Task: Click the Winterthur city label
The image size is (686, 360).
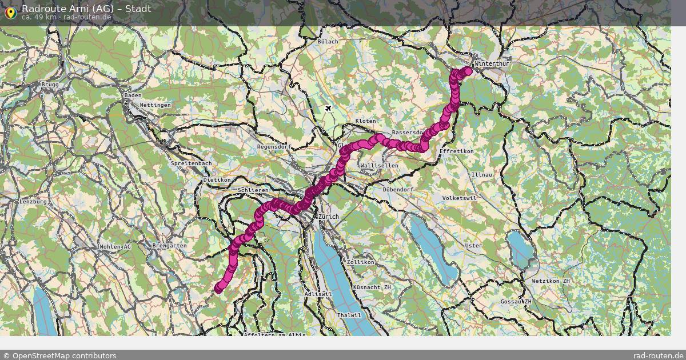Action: [491, 63]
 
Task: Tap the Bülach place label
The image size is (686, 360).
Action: [328, 42]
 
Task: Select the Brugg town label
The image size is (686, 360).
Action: [50, 85]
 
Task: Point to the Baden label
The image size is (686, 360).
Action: [133, 95]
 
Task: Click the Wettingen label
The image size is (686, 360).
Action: [155, 106]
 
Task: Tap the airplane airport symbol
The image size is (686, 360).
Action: [328, 109]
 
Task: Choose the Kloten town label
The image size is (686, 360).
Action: [366, 122]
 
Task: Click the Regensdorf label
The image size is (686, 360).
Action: [275, 147]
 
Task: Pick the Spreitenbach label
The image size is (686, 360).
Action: [192, 163]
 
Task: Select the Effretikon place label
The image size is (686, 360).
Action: [457, 151]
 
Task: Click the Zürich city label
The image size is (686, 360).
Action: [329, 217]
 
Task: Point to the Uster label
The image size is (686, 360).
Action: [473, 246]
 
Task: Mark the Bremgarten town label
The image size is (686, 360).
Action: [169, 246]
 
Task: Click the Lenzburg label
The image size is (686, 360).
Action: [32, 202]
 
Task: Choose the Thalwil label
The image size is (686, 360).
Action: [349, 315]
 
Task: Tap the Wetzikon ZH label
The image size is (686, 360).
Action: [551, 282]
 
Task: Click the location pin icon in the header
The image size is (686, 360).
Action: [10, 11]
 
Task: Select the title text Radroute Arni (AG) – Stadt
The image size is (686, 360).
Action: [86, 9]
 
